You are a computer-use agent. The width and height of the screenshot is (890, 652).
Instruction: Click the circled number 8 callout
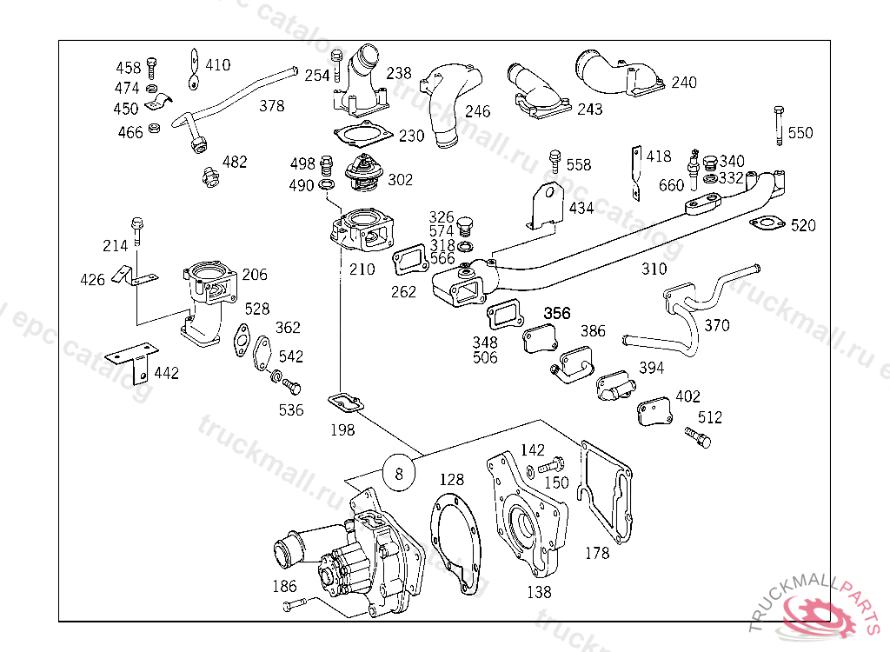(x=399, y=474)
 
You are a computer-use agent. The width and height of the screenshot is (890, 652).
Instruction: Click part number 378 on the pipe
(x=272, y=106)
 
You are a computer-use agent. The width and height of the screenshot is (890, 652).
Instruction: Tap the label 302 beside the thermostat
(x=401, y=180)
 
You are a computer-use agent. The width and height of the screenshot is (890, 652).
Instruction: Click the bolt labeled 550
(x=778, y=125)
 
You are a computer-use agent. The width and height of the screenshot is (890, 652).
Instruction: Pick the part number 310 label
(x=654, y=269)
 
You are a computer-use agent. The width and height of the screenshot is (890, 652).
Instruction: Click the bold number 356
(x=556, y=313)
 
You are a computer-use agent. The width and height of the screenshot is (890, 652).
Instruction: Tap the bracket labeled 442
(x=130, y=363)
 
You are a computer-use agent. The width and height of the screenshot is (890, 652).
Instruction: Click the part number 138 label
(x=539, y=592)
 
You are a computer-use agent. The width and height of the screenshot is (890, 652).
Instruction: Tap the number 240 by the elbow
(x=684, y=83)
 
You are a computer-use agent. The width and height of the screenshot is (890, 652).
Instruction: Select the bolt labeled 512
(x=697, y=436)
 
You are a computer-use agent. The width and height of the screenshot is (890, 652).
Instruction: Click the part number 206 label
(x=255, y=275)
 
